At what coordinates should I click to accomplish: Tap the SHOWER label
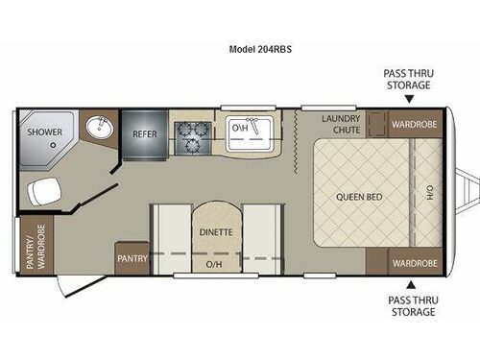pyautogui.click(x=44, y=132)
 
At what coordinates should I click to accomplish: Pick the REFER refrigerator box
pyautogui.click(x=145, y=134)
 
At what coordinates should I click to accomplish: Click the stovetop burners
pyautogui.click(x=191, y=135)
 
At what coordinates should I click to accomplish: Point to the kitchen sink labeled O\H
pyautogui.click(x=240, y=127)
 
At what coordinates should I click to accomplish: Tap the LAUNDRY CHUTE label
pyautogui.click(x=340, y=123)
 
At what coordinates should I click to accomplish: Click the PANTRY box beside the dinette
pyautogui.click(x=132, y=258)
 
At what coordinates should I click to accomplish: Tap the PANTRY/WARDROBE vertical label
pyautogui.click(x=36, y=247)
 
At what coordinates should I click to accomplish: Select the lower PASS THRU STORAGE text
pyautogui.click(x=412, y=305)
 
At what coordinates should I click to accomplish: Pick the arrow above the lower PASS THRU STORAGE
pyautogui.click(x=412, y=284)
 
